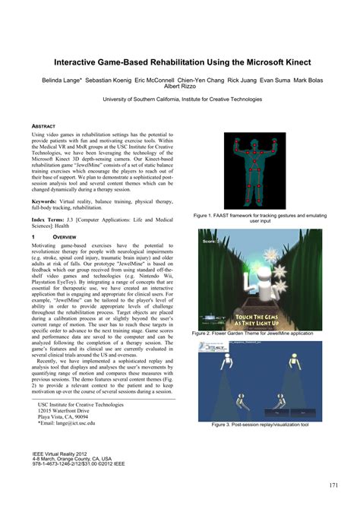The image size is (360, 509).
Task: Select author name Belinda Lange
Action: coord(56,79)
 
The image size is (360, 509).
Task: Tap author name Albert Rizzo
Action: coord(179,87)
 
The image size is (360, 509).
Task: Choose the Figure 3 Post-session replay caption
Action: coord(260,425)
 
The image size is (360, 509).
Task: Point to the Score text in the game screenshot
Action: coord(211,242)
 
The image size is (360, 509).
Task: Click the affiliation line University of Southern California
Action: coord(179,99)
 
